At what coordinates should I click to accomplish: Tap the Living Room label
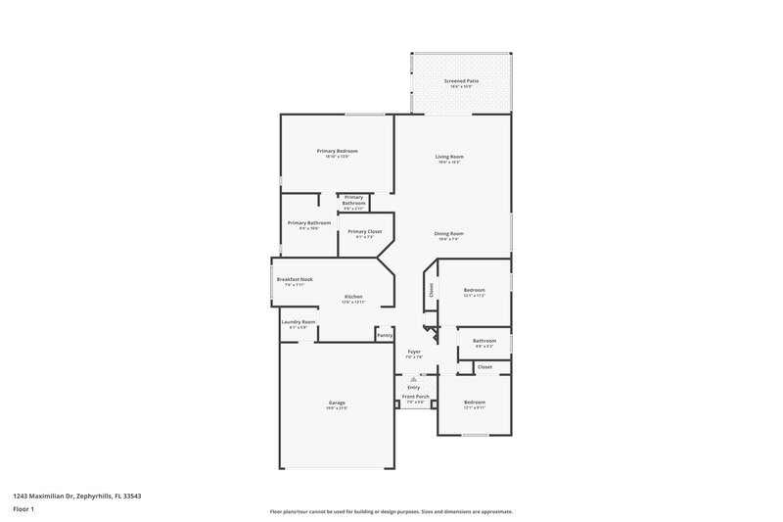449,157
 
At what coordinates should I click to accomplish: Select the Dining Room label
448,233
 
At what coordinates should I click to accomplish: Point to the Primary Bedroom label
337,151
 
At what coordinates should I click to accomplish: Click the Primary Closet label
364,231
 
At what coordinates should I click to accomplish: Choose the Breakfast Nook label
294,279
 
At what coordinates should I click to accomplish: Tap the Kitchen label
352,297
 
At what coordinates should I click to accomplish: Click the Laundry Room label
298,322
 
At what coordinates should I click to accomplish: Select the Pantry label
385,335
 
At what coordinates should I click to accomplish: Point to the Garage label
336,403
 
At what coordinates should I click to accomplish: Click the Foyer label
414,351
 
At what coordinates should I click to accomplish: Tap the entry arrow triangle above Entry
413,377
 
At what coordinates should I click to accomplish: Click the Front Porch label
413,398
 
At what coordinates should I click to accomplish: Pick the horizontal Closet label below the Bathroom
484,367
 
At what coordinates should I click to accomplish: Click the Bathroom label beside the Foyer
484,340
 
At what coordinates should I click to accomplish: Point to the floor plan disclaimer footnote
391,511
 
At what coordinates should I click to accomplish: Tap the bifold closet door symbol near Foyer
426,331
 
